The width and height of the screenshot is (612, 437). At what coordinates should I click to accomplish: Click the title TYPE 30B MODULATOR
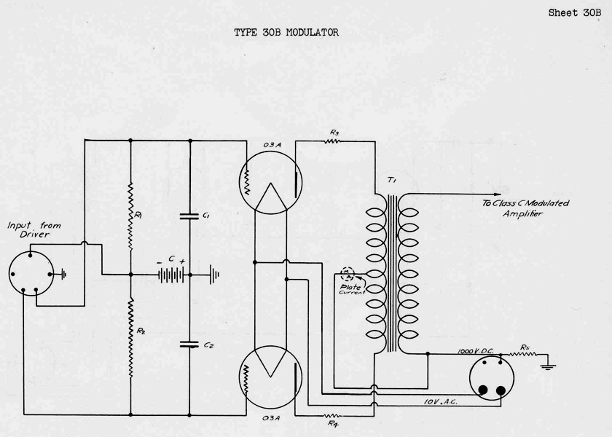[x=286, y=33]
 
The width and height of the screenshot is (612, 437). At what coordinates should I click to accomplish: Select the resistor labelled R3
[x=334, y=141]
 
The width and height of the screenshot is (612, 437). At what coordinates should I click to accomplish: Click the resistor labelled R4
[x=333, y=415]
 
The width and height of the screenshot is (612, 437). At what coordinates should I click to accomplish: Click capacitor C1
[x=189, y=216]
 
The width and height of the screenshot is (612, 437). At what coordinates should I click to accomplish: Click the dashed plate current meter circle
[x=349, y=275]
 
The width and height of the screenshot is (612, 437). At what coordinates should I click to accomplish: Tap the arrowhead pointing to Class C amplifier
[x=474, y=194]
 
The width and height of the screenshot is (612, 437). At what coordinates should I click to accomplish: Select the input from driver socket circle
[x=31, y=275]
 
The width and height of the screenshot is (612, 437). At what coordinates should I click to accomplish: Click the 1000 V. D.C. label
[x=475, y=351]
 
